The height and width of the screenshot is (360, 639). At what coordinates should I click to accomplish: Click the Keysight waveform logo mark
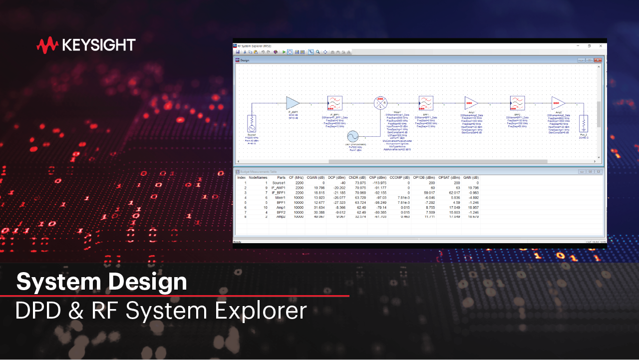(x=47, y=45)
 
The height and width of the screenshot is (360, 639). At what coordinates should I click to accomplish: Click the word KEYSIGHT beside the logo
(x=99, y=45)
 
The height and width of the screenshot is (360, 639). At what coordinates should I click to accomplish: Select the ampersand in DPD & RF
(x=76, y=311)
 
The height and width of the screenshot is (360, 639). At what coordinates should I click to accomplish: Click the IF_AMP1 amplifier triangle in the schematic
(x=293, y=103)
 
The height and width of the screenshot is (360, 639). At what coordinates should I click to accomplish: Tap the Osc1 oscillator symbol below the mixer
(x=352, y=136)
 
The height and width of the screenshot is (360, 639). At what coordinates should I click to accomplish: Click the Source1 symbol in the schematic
(x=252, y=122)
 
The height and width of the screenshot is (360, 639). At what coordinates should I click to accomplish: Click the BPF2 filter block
(x=517, y=103)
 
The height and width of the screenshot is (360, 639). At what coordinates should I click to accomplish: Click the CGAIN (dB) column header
(x=316, y=178)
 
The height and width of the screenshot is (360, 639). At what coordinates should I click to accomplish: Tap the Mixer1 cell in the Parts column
(x=279, y=198)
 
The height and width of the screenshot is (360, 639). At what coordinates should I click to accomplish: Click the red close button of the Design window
(x=597, y=60)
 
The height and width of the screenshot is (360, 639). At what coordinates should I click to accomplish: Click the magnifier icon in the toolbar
(x=318, y=52)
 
